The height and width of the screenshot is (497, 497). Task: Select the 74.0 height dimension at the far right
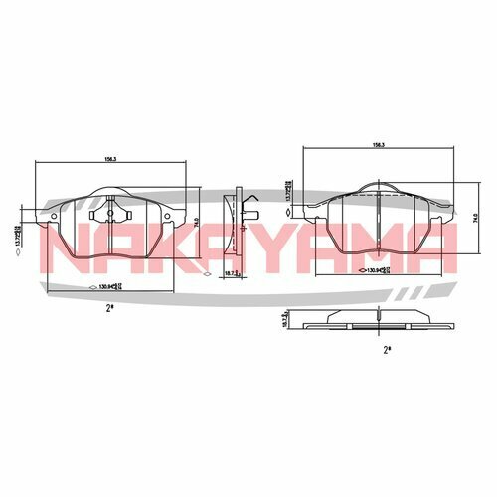475,216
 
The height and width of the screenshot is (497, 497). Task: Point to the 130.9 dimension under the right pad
377,269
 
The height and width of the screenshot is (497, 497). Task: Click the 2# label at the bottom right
386,349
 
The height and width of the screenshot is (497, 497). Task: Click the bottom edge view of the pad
379,324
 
